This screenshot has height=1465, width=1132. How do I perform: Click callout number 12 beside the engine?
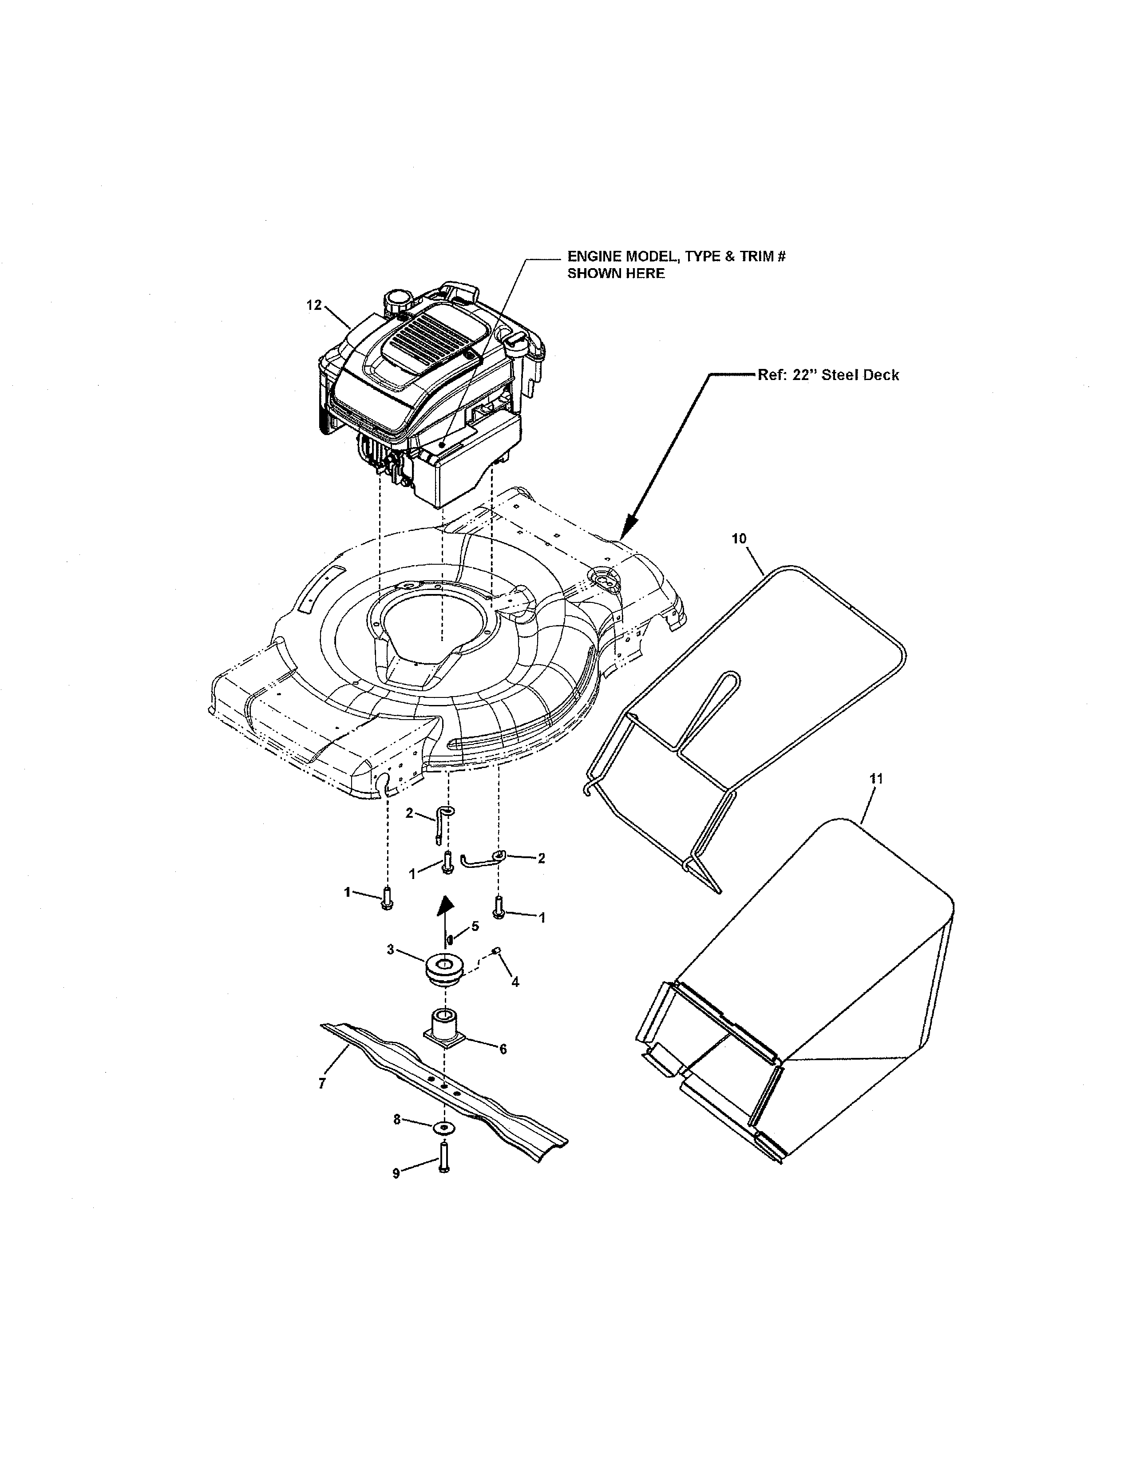click(x=314, y=305)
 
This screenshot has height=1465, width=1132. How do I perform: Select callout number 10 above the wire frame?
click(x=738, y=538)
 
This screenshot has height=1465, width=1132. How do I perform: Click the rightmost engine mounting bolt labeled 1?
click(x=498, y=907)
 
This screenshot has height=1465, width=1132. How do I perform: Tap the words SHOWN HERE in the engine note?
click(x=616, y=273)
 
